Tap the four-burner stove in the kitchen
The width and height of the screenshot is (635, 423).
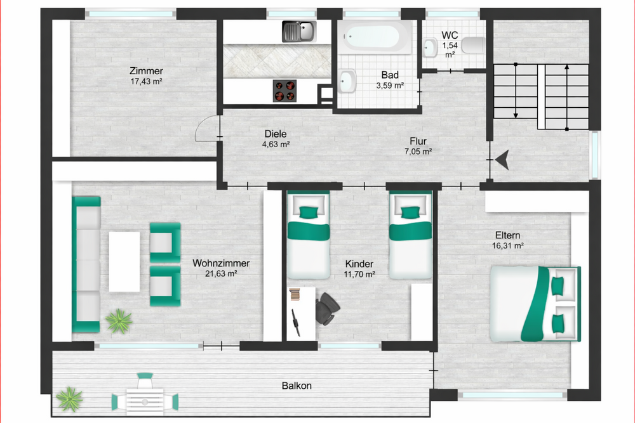click(x=285, y=91)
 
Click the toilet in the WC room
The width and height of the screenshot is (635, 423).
click(x=472, y=45)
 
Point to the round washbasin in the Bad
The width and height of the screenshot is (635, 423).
click(x=347, y=80)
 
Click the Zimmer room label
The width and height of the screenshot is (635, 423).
click(x=145, y=71)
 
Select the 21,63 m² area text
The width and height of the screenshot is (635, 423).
click(x=221, y=274)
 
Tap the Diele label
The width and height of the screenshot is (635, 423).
click(x=276, y=134)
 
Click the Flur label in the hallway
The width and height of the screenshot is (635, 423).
click(x=418, y=141)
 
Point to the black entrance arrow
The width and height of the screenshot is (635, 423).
click(x=502, y=160)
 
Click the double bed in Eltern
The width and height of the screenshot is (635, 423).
click(x=535, y=304)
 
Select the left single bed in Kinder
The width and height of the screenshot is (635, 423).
click(x=308, y=235)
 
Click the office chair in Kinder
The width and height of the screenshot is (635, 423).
click(x=327, y=307)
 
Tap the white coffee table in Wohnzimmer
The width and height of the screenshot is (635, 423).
click(x=124, y=261)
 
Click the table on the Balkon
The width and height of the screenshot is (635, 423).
click(x=145, y=399)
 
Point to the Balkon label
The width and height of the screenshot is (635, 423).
click(x=297, y=386)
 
